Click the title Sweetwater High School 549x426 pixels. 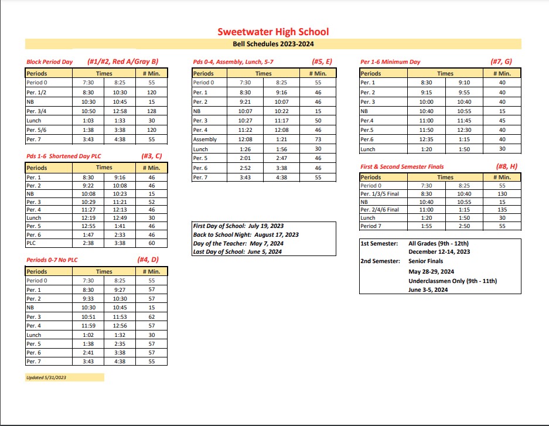pos(273,32)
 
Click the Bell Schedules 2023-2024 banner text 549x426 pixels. pos(273,44)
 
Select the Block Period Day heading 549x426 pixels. pos(49,62)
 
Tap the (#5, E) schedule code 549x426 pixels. pos(322,61)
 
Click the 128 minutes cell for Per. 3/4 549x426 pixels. pos(151,111)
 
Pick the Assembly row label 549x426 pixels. pos(205,139)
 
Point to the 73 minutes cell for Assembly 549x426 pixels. pos(318,139)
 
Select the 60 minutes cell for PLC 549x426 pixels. pos(151,243)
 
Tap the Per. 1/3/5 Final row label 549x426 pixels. pos(380,193)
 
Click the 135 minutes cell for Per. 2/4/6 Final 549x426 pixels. pos(502,210)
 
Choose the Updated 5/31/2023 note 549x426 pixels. pos(46,378)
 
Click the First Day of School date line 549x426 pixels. pos(237,226)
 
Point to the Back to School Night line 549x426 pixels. pos(245,234)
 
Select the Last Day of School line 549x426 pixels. pos(238,252)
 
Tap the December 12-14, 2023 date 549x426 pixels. pos(439,252)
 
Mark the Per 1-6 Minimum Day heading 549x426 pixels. pos(390,62)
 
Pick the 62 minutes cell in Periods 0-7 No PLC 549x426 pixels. pos(151,317)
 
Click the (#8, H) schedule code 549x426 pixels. pos(507,166)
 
